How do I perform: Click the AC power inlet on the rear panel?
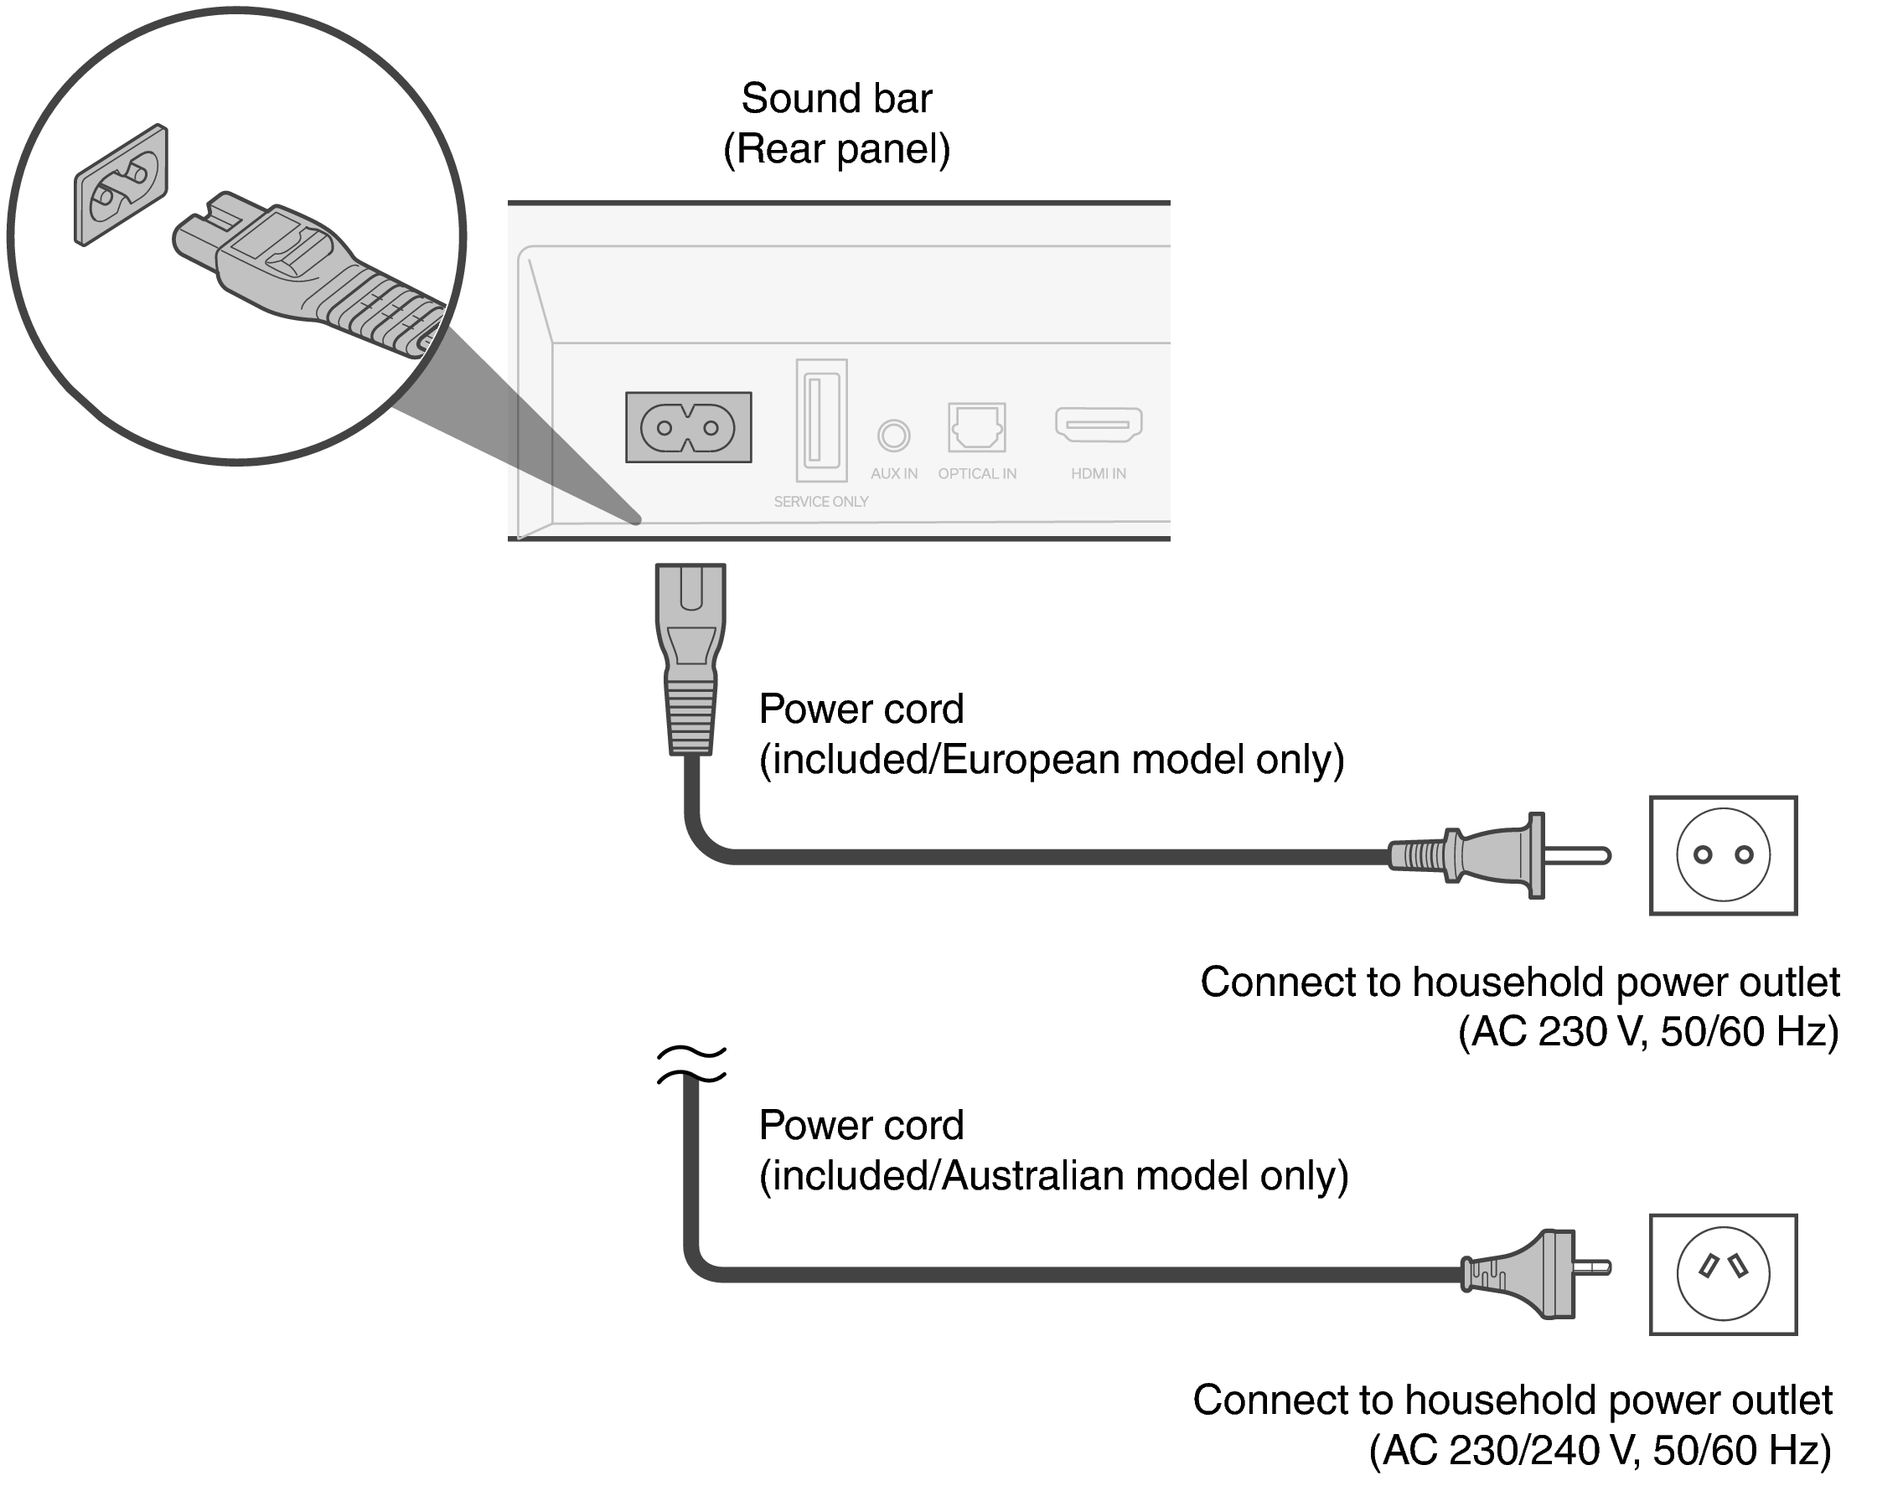(688, 427)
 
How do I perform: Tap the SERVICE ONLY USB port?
(821, 420)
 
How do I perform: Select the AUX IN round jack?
(893, 435)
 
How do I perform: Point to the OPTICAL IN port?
(976, 427)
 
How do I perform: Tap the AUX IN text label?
(893, 474)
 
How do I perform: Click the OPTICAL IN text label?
(976, 474)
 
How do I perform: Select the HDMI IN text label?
(1098, 474)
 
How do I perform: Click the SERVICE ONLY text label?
(821, 502)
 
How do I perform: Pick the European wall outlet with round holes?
(1722, 855)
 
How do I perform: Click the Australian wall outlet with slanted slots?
(1722, 1274)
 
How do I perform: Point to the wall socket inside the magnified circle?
(121, 184)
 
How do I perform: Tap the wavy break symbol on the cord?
(690, 1064)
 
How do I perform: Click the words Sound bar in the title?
(835, 98)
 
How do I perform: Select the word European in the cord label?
(1030, 760)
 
